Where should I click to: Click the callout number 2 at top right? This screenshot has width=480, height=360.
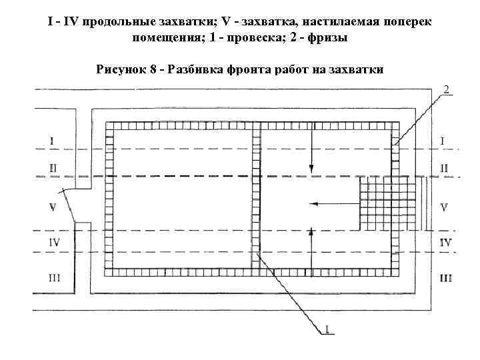click(445, 89)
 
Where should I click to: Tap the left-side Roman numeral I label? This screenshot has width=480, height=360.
click(52, 141)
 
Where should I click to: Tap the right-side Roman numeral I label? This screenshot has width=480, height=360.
click(443, 141)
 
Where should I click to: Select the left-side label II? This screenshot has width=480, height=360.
click(53, 167)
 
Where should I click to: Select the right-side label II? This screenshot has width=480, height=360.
click(444, 167)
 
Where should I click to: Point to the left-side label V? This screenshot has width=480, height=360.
click(52, 207)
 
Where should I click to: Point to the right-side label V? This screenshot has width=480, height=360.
click(444, 207)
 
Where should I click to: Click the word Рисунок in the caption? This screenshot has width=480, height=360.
click(122, 69)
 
